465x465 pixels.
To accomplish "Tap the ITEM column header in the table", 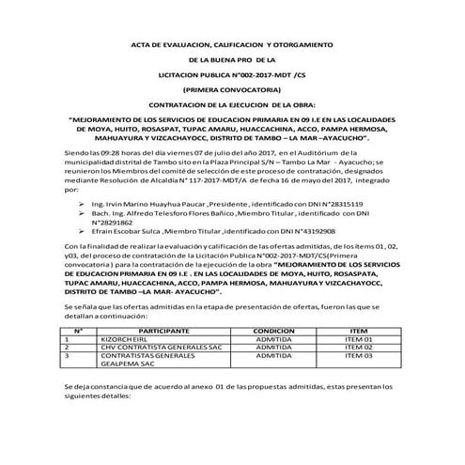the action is pos(358,333).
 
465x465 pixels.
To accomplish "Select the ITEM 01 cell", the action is pos(358,340).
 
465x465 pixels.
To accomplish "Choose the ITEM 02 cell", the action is pos(358,348).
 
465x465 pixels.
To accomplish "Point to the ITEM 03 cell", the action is pos(358,356).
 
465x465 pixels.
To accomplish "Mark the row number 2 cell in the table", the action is pos(68,348).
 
